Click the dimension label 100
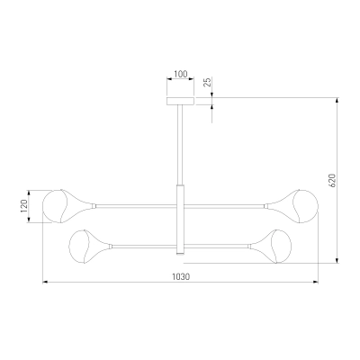coord(180,74)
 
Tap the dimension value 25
coord(208,82)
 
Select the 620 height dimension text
coord(332,180)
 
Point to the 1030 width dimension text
coord(181,276)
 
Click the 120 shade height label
coord(24,206)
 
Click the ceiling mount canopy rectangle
coord(180,101)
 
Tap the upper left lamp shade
coord(67,206)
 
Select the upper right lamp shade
coord(293,206)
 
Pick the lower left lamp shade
coord(89,247)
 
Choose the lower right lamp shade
coord(271,247)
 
